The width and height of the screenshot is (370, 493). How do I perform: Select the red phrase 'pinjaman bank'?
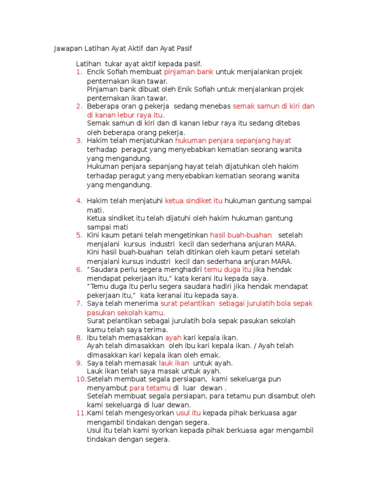pyautogui.click(x=188, y=72)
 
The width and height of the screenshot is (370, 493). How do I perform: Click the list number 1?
pyautogui.click(x=79, y=72)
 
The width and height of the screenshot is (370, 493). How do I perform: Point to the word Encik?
pyautogui.click(x=96, y=72)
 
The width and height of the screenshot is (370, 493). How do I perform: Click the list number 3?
pyautogui.click(x=79, y=141)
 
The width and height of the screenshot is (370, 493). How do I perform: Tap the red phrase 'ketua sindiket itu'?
pyautogui.click(x=194, y=200)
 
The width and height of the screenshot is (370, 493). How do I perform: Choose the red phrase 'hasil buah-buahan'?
pyautogui.click(x=241, y=235)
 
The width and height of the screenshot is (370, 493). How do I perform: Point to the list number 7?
pyautogui.click(x=79, y=303)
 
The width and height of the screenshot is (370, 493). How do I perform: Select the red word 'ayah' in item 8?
pyautogui.click(x=173, y=338)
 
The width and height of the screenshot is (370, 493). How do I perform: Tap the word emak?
pyautogui.click(x=211, y=355)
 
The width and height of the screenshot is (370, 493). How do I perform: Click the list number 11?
pyautogui.click(x=80, y=414)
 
